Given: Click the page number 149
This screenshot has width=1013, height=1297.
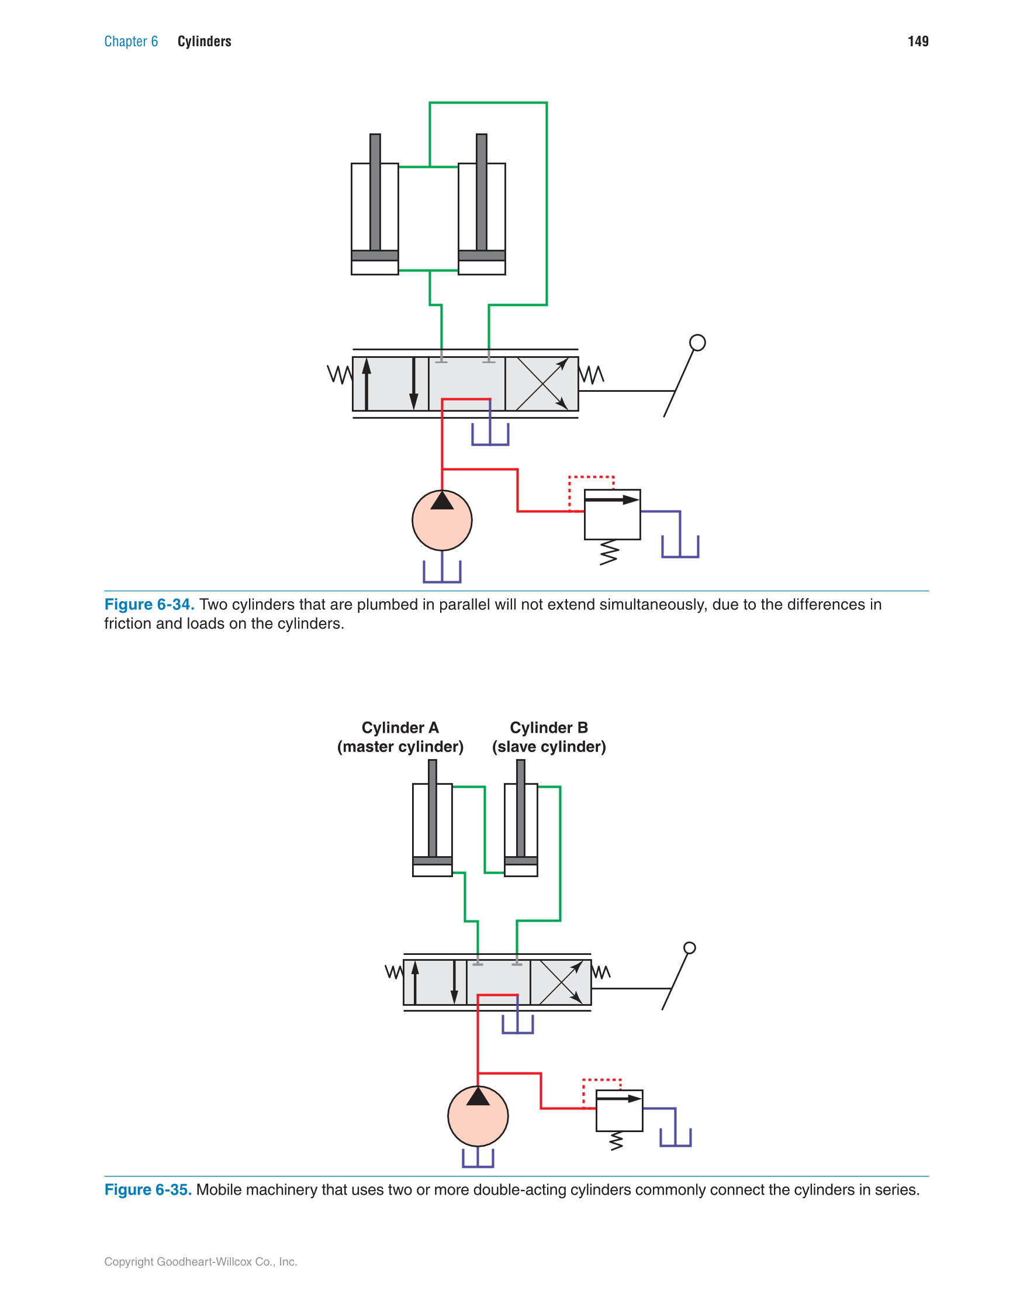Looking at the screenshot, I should pos(917,41).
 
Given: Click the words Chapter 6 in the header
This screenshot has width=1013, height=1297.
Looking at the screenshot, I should pos(130,41).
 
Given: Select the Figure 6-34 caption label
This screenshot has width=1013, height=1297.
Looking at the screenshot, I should pos(149,604).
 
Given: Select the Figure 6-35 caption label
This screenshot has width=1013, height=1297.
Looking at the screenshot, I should pos(148,1189).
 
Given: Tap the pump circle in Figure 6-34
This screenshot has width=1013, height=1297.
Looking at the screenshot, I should pos(442,521).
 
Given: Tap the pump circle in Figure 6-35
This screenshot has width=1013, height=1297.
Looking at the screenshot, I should pos(478,1116).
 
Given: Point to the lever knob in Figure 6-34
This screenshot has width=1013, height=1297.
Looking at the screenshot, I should pos(697,343).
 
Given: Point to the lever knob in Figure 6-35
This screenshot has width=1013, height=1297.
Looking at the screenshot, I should pos(689,948).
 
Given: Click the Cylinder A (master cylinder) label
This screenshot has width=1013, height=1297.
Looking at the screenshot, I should pos(400,737).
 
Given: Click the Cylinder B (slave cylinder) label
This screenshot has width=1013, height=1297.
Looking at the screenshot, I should pos(549,737).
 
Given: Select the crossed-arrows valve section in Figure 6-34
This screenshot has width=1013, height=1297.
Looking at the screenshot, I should pos(541,384).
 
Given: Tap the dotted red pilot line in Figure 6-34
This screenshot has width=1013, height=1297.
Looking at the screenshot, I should pos(590,477).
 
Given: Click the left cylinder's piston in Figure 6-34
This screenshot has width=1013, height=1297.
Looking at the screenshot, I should pos(375,256).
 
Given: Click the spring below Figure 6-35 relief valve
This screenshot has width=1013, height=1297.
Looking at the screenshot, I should pos(616,1141).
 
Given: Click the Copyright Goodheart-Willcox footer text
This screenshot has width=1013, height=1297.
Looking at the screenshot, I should pos(200,1262).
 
